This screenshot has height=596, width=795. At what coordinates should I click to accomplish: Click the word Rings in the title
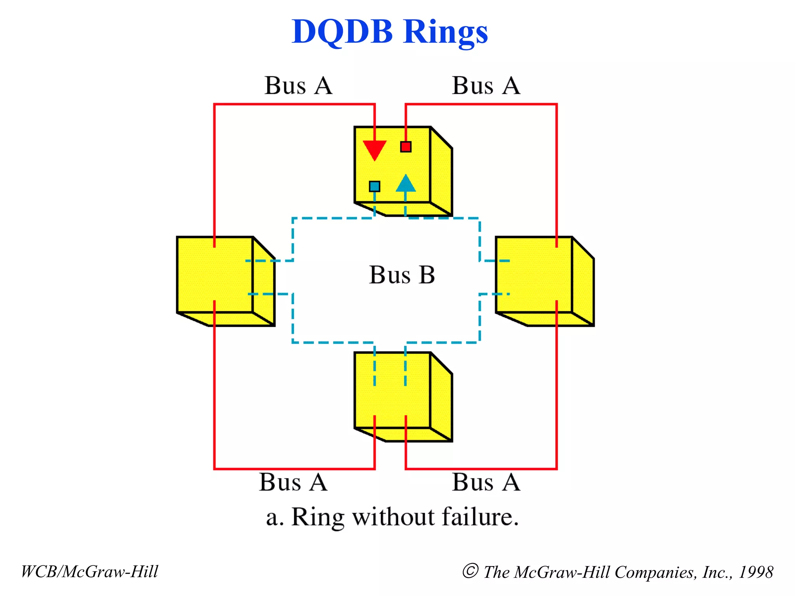pos(445,33)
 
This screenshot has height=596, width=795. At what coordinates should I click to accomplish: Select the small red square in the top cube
pos(406,147)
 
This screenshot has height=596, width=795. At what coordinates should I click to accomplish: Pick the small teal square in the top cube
pos(375,187)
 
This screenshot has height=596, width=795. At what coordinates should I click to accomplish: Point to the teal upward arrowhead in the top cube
pos(406,184)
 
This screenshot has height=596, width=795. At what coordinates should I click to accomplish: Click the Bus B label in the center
pos(402,275)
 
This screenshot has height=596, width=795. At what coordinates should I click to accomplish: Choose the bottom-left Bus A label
pos(293,482)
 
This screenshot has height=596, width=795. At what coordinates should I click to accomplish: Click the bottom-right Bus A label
pos(486,482)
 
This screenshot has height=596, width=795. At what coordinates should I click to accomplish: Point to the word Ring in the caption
pos(318,518)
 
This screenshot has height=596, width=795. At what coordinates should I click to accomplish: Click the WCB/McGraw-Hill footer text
pos(90,572)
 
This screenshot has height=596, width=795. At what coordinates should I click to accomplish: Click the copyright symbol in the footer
pos(470,571)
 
